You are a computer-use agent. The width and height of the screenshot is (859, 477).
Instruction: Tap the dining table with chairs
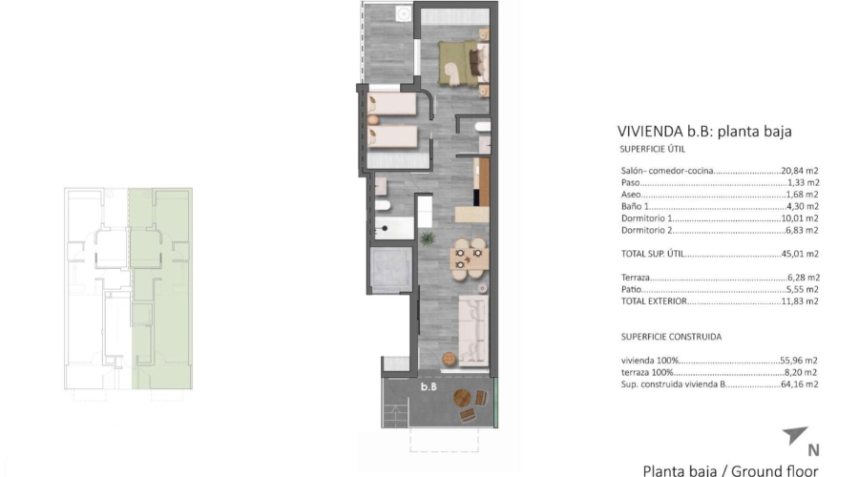tap(468, 255)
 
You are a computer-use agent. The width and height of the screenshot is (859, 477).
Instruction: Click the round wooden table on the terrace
tap(464, 399)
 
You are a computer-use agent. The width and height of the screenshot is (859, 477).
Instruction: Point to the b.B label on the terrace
tap(429, 387)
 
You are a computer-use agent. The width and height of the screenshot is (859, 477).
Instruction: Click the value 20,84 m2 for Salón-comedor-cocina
tap(801, 171)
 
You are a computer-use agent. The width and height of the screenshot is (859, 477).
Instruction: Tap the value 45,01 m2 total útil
tap(801, 254)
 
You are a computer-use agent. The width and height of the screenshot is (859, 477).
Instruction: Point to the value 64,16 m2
tap(801, 384)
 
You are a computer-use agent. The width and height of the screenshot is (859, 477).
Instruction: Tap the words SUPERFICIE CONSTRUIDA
tap(671, 337)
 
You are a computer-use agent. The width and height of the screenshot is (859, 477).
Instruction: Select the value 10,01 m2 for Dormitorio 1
tap(801, 218)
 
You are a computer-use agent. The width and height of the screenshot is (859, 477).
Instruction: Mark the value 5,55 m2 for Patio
tap(804, 289)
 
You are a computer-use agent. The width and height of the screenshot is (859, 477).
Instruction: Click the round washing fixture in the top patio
tap(402, 13)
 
